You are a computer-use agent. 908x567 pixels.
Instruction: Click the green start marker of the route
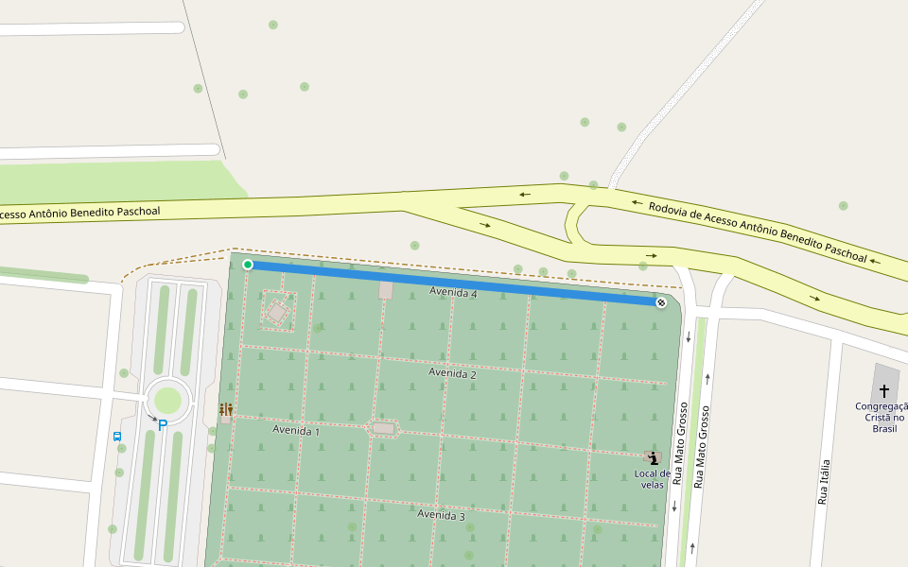pyautogui.click(x=248, y=265)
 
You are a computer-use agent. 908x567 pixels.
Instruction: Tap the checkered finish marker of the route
pyautogui.click(x=661, y=302)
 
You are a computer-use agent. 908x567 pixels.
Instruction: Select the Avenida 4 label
pyautogui.click(x=453, y=293)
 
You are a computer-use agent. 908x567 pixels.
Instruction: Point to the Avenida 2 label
pyautogui.click(x=452, y=373)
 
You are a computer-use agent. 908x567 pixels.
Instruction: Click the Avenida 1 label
pyautogui.click(x=296, y=430)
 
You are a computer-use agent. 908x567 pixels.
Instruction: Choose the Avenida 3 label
pyautogui.click(x=441, y=515)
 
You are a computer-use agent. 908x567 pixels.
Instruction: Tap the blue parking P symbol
pyautogui.click(x=163, y=425)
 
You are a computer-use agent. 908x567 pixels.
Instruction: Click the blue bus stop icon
pyautogui.click(x=117, y=437)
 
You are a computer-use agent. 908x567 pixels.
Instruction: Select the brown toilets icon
pyautogui.click(x=226, y=409)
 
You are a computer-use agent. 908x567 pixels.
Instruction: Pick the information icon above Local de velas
pyautogui.click(x=653, y=457)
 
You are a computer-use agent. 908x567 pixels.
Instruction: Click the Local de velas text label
pyautogui.click(x=653, y=479)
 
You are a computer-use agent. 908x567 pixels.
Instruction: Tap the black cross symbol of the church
pyautogui.click(x=884, y=390)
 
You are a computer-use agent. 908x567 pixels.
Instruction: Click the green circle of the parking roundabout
pyautogui.click(x=167, y=400)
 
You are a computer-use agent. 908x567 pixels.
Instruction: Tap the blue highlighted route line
pyautogui.click(x=454, y=283)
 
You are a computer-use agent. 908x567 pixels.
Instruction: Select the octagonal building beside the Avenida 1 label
pyautogui.click(x=383, y=428)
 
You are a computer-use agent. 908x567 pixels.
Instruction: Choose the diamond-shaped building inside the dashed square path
pyautogui.click(x=277, y=311)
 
